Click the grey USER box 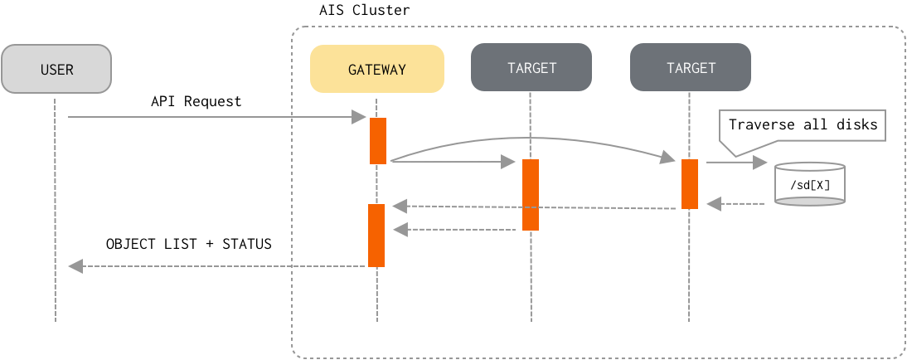point(56,69)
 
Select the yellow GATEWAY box point(376,69)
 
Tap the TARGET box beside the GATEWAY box point(531,67)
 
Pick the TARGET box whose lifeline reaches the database point(690,67)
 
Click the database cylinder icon point(809,184)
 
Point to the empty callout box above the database point(802,125)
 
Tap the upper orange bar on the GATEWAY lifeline point(378,140)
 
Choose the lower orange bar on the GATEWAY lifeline point(376,236)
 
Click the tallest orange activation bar point(531,195)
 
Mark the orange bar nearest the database point(690,184)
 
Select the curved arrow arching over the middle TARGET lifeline point(531,138)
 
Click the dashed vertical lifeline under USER point(56,207)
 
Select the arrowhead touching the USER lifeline point(75,266)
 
